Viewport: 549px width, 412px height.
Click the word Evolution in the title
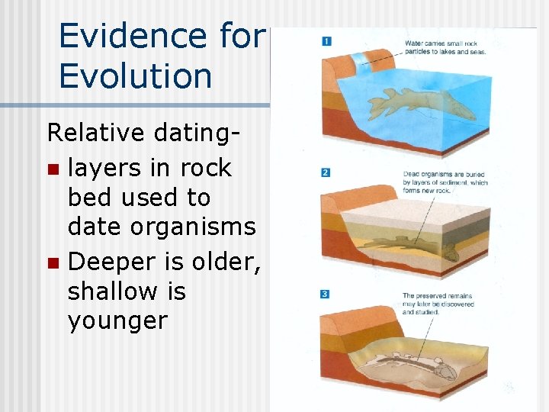pos(135,76)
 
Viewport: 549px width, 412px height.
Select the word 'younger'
pos(117,321)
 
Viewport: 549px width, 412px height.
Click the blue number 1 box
pos(326,40)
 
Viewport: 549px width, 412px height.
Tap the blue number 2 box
pos(326,173)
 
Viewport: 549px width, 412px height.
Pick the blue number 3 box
pos(326,295)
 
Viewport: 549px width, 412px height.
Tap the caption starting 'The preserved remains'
pos(438,304)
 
